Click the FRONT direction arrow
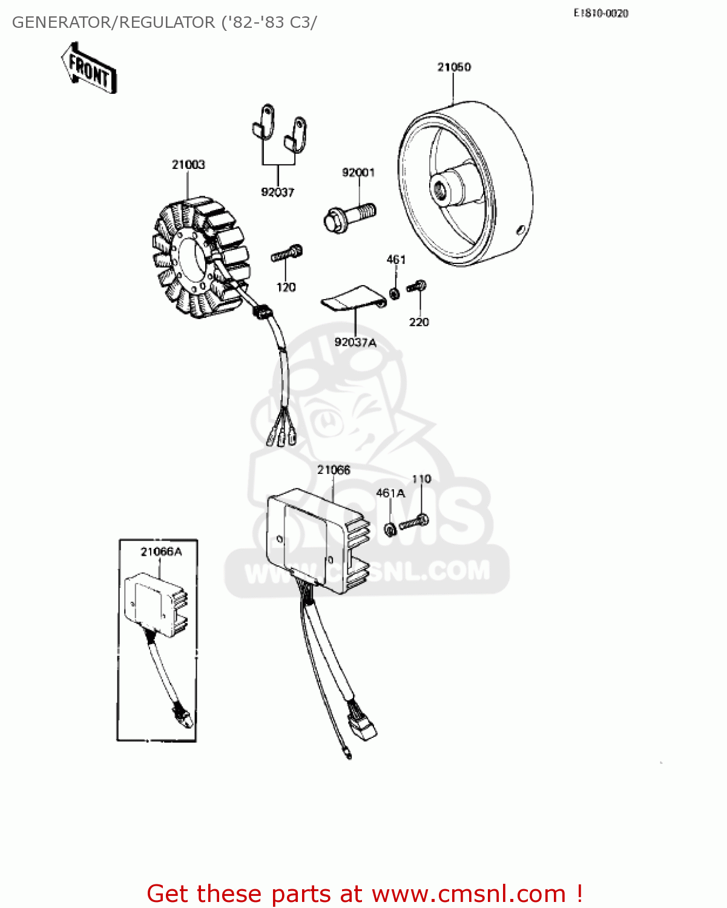[x=89, y=68]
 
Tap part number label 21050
[x=454, y=67]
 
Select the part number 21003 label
[x=188, y=165]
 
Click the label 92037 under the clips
[x=277, y=192]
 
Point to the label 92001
[x=358, y=173]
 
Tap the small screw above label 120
[x=287, y=253]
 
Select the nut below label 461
[x=394, y=294]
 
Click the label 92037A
[x=355, y=343]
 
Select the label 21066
[x=334, y=470]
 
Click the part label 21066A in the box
[x=161, y=551]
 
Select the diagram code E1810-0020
[x=600, y=13]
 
